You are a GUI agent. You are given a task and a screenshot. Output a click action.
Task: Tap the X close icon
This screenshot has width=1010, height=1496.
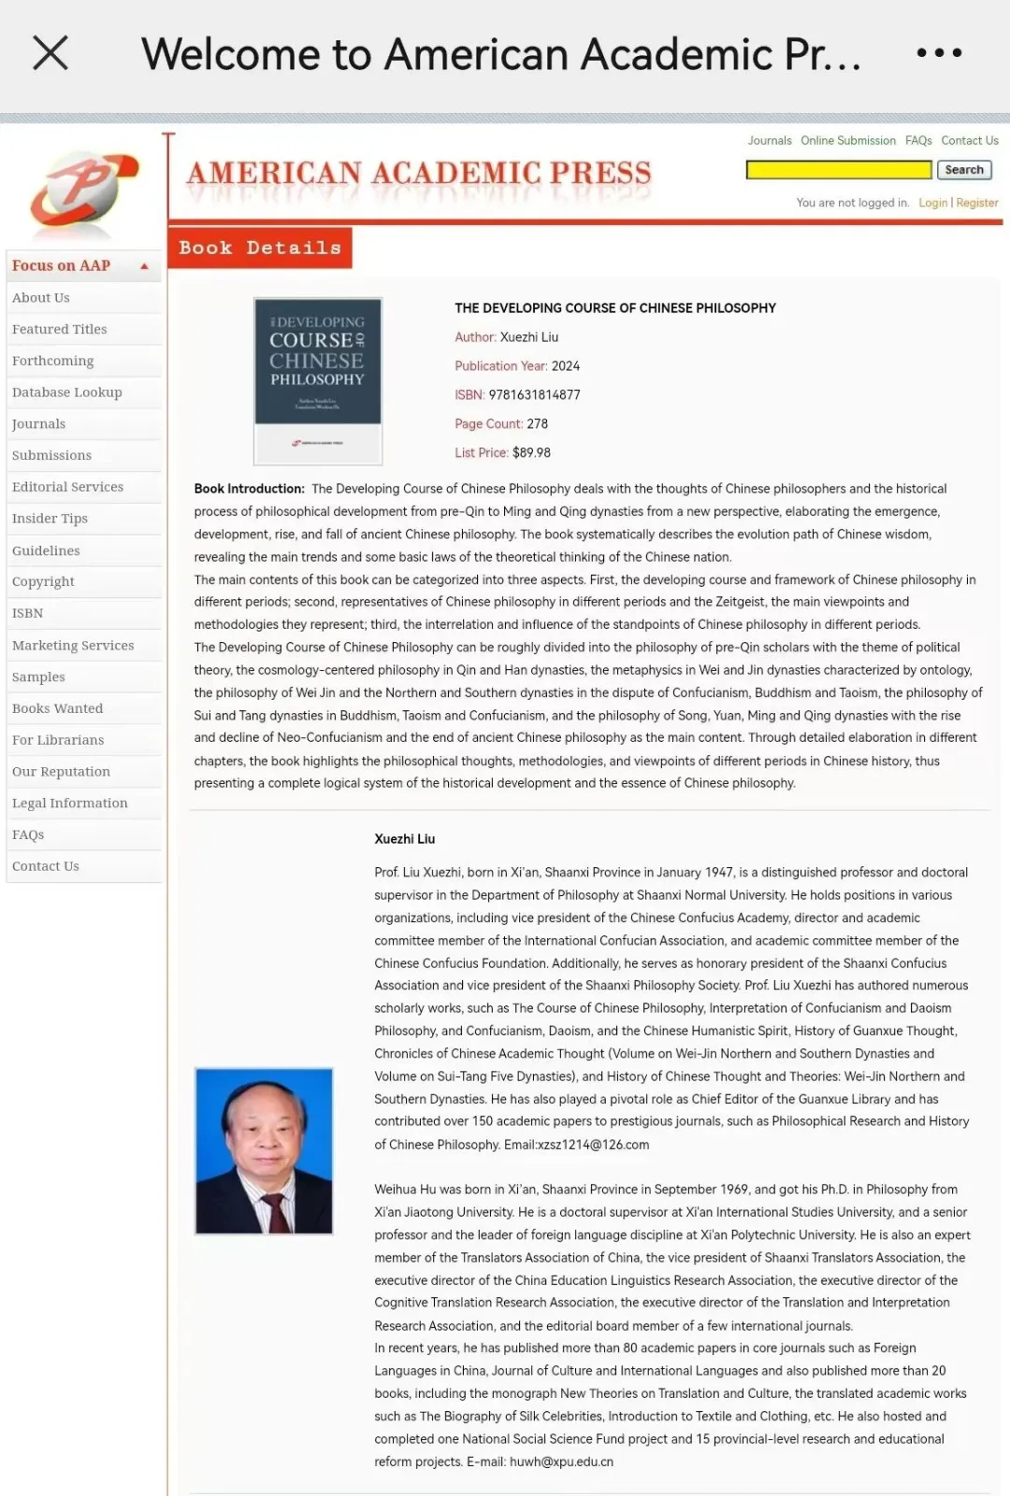pyautogui.click(x=50, y=53)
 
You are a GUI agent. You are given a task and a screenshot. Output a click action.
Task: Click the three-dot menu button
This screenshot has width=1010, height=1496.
pyautogui.click(x=939, y=53)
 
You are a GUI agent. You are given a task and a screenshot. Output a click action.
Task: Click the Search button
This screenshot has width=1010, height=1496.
pyautogui.click(x=963, y=170)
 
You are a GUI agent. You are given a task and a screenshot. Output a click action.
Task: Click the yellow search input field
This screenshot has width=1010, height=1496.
pyautogui.click(x=838, y=170)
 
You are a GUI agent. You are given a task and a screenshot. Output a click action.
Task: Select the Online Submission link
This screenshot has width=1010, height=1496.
pyautogui.click(x=847, y=141)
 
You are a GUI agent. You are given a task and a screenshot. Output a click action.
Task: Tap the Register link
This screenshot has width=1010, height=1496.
pyautogui.click(x=977, y=203)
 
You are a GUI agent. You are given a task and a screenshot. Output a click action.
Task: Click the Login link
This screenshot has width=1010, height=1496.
pyautogui.click(x=932, y=203)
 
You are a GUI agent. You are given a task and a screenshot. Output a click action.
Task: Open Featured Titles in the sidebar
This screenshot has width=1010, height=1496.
pyautogui.click(x=60, y=329)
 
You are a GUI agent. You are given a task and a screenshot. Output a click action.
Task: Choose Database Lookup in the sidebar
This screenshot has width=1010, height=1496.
pyautogui.click(x=67, y=392)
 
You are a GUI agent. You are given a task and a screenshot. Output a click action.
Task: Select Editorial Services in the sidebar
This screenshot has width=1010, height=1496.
pyautogui.click(x=68, y=487)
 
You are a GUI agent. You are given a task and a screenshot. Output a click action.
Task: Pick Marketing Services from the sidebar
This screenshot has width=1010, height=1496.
pyautogui.click(x=73, y=646)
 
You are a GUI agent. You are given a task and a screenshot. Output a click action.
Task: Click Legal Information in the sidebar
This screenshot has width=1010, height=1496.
pyautogui.click(x=70, y=804)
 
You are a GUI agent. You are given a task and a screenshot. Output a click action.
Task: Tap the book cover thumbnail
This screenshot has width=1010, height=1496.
pyautogui.click(x=318, y=380)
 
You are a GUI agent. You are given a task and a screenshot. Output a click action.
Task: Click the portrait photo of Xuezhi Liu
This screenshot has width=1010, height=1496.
pyautogui.click(x=264, y=1151)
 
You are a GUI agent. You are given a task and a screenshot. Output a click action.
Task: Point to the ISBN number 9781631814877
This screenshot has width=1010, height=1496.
pyautogui.click(x=534, y=395)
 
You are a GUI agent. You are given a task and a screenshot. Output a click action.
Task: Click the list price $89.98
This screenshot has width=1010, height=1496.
pyautogui.click(x=531, y=453)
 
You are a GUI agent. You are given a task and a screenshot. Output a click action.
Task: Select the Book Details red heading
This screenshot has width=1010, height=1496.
pyautogui.click(x=260, y=249)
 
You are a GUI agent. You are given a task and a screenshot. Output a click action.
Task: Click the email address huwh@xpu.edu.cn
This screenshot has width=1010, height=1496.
pyautogui.click(x=561, y=1462)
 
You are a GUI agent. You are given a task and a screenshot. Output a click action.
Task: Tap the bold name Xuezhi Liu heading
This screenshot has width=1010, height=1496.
pyautogui.click(x=405, y=839)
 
